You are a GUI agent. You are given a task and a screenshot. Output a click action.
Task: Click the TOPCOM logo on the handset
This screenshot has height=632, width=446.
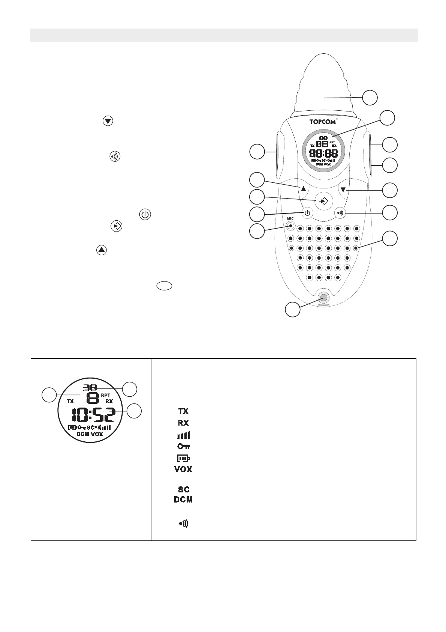point(322,122)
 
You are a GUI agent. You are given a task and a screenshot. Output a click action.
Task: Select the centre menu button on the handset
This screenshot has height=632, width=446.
point(323,201)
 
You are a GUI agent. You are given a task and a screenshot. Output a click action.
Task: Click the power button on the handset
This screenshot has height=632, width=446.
point(307,214)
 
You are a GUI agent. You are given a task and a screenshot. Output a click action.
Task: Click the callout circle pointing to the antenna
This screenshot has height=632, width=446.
point(370,98)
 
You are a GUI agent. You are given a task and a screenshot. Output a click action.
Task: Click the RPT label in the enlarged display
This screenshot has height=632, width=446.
point(106,395)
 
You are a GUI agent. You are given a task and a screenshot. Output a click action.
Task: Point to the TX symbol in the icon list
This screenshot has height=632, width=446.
point(183,412)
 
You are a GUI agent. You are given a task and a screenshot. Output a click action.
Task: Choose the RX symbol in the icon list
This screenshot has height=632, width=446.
point(183,423)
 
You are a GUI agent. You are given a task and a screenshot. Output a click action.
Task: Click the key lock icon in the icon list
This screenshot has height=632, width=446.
point(183,446)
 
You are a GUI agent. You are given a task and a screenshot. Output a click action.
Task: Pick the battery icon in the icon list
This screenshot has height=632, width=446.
point(183,458)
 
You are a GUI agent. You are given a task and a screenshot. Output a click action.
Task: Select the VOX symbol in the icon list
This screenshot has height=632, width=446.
point(183,469)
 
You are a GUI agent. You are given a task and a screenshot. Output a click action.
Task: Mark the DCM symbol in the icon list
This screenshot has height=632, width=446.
point(183,500)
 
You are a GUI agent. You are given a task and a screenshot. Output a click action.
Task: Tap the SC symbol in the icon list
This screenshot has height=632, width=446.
point(183,489)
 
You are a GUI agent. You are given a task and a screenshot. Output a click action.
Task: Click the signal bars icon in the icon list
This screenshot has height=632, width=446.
point(183,435)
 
